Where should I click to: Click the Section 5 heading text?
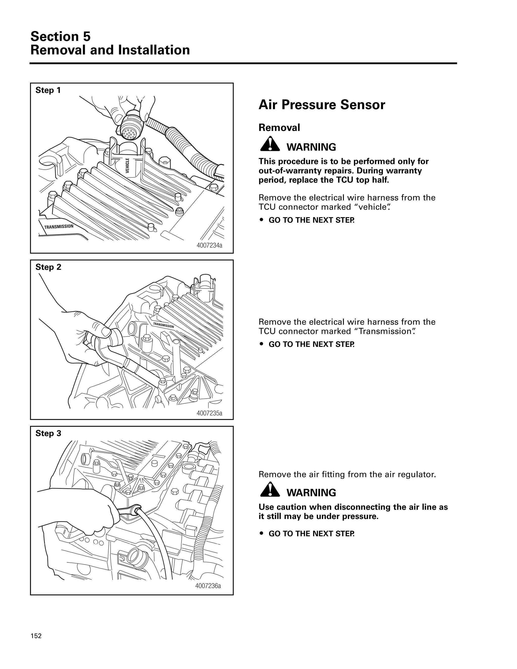(60, 36)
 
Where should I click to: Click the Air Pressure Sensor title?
(322, 105)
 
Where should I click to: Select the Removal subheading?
(279, 127)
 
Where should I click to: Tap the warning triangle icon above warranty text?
(270, 144)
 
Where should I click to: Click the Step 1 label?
(48, 90)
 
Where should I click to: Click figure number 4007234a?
(209, 245)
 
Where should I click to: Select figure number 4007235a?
(209, 413)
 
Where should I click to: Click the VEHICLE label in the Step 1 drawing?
(127, 165)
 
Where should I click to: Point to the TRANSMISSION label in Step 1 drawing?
(59, 227)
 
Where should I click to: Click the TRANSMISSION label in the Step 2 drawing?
(163, 325)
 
